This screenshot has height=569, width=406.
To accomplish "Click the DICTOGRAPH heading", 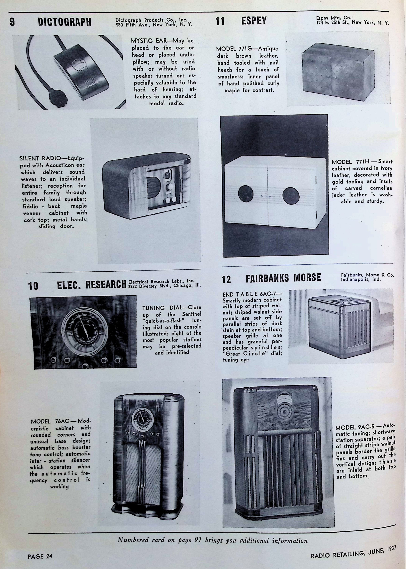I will tap(65, 22).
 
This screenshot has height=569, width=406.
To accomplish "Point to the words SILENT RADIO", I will tap(40, 158).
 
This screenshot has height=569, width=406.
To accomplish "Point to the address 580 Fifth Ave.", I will tap(132, 25).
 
